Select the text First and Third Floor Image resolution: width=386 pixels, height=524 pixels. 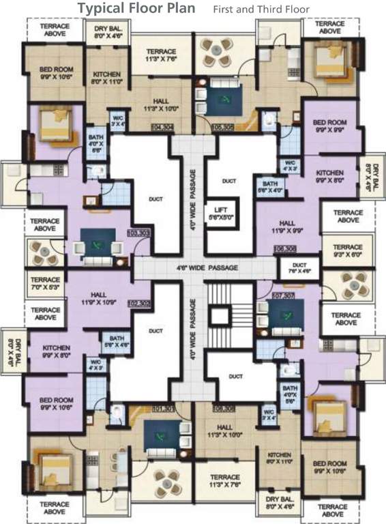[261, 10]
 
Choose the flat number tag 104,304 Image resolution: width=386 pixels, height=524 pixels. [162, 128]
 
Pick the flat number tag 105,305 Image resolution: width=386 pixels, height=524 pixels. [223, 127]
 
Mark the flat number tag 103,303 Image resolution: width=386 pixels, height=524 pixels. [138, 233]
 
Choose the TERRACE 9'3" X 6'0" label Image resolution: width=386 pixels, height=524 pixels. [348, 250]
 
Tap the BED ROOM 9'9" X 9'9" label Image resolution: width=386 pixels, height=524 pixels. [329, 127]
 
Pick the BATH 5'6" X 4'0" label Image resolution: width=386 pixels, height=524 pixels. [269, 187]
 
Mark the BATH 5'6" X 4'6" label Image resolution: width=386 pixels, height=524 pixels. [114, 341]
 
